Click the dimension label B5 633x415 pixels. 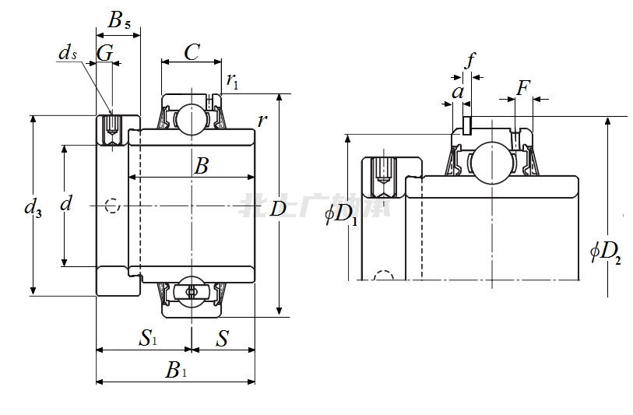(x=118, y=20)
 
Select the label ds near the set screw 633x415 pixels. (x=68, y=53)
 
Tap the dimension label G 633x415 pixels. (x=104, y=54)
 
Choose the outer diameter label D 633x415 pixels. (x=277, y=209)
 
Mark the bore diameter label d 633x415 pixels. (x=66, y=204)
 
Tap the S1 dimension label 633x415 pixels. (x=148, y=338)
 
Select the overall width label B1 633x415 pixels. (x=176, y=370)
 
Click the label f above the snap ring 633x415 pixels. (x=469, y=61)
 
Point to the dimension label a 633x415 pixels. (x=458, y=92)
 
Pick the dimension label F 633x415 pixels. (x=523, y=87)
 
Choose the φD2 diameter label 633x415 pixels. (x=606, y=251)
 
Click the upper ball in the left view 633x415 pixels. (x=188, y=118)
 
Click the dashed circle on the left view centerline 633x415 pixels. (x=113, y=206)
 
